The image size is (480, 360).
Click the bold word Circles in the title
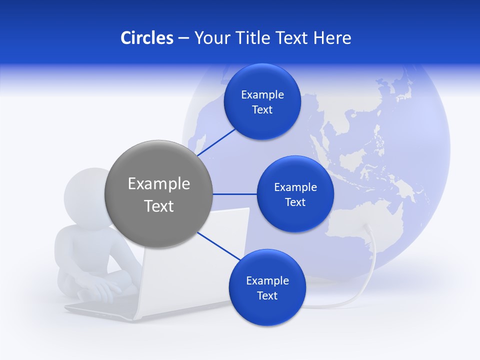(x=146, y=38)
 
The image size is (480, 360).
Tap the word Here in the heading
(x=332, y=38)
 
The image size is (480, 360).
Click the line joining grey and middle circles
(x=234, y=194)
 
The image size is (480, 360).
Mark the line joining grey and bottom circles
(x=219, y=246)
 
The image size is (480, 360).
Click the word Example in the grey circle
(x=158, y=184)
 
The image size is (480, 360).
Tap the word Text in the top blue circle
(x=262, y=110)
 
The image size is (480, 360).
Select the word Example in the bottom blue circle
(x=267, y=280)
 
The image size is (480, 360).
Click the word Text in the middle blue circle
(x=295, y=202)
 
